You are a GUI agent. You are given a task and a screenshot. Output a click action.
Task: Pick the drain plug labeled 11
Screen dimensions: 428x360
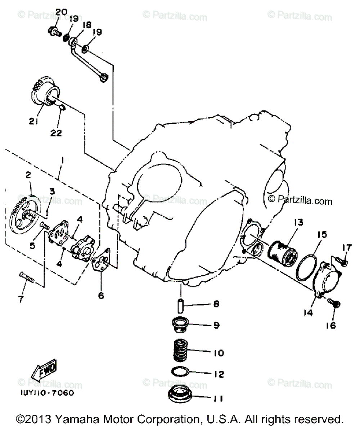(180, 397)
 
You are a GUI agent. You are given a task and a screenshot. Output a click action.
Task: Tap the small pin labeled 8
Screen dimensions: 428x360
(180, 306)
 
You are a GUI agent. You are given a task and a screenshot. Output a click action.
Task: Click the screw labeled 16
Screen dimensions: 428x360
(335, 304)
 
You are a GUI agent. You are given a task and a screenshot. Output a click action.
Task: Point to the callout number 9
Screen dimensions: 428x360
(216, 325)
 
